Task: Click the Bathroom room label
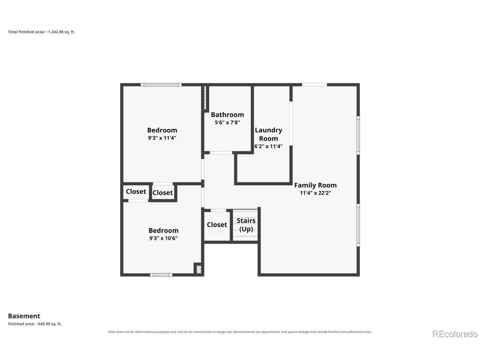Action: point(227,114)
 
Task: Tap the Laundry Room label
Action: point(268,134)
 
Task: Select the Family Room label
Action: point(315,185)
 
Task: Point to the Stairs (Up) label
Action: point(246,225)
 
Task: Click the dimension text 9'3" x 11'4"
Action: point(162,138)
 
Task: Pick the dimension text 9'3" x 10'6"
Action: point(163,238)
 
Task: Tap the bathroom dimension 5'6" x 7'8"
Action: point(227,122)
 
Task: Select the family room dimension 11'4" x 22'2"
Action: point(315,193)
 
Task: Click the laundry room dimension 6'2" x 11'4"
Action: point(268,146)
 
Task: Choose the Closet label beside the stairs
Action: point(217,225)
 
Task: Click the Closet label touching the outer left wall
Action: point(136,192)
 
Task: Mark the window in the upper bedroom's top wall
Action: point(161,85)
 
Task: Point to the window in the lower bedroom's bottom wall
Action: point(161,275)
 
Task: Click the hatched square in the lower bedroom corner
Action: point(199,269)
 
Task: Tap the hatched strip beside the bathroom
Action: point(205,98)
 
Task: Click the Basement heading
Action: point(24,316)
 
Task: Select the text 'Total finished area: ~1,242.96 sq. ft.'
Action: point(42,32)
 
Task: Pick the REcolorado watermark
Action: point(455,334)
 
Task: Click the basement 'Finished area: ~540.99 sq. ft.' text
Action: point(35,324)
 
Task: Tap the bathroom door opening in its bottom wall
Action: point(221,153)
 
